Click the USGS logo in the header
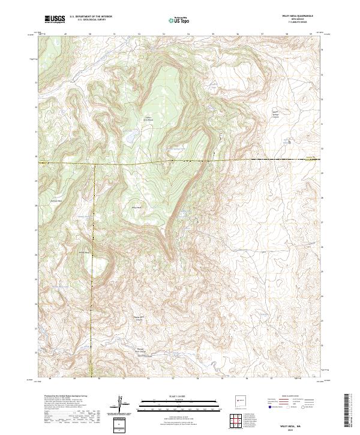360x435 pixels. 55,19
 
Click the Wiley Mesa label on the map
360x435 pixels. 136,208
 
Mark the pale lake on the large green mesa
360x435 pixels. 130,137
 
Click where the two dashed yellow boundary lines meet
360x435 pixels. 92,163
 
